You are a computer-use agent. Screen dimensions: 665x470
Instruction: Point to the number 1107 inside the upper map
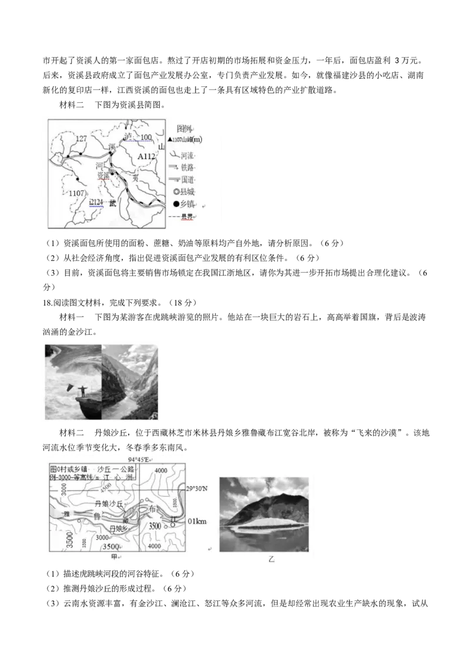[77, 193]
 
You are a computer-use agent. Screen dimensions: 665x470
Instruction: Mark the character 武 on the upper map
[113, 203]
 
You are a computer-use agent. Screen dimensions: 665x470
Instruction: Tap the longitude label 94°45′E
[139, 459]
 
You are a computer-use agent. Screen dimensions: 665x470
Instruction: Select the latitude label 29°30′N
[198, 488]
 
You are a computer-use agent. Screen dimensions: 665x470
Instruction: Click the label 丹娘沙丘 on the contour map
[109, 504]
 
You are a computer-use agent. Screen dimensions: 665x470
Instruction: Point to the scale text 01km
[197, 521]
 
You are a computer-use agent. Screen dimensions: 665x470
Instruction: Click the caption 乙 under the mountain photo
[271, 560]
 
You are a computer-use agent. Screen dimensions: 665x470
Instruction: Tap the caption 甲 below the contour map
[115, 556]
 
